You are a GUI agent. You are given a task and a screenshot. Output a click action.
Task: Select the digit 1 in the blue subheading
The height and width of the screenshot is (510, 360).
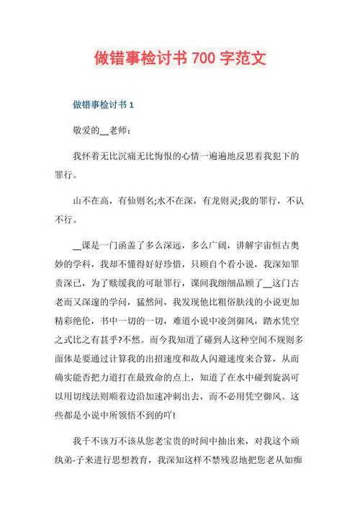131,105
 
